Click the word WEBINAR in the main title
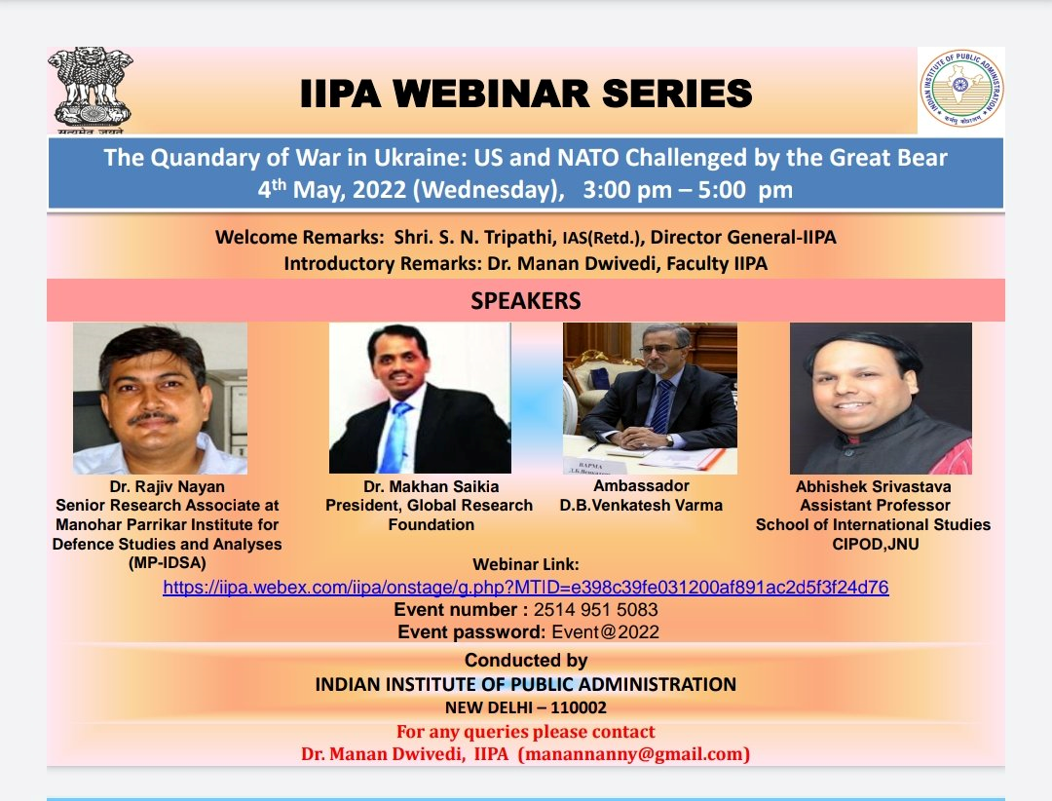[491, 94]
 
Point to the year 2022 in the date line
[379, 190]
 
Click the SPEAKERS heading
[526, 301]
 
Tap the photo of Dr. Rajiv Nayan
[161, 399]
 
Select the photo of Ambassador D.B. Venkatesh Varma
[650, 399]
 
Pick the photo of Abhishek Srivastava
[881, 399]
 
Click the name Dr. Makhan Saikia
[432, 486]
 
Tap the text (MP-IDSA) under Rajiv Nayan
[168, 562]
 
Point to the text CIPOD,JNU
[875, 544]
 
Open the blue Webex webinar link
[526, 588]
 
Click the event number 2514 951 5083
[596, 610]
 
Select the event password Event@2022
[605, 631]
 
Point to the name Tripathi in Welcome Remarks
[519, 238]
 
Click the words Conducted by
[526, 661]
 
